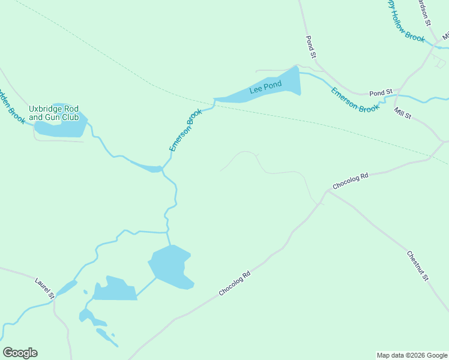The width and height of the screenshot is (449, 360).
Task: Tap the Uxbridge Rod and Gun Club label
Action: [x=54, y=113]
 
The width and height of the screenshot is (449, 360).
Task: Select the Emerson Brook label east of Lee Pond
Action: [x=355, y=100]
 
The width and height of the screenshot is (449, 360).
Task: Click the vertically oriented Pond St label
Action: [x=310, y=47]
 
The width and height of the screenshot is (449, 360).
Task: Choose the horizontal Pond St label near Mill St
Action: [x=381, y=93]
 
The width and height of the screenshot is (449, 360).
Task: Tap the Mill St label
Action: [x=402, y=112]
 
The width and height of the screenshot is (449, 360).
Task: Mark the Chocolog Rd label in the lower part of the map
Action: [x=234, y=284]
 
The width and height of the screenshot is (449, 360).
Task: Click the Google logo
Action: [x=20, y=353]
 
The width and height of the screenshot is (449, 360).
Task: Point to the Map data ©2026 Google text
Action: [x=412, y=355]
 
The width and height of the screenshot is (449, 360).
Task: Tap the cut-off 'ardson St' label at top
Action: [x=424, y=12]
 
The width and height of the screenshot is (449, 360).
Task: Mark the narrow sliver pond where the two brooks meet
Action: [x=147, y=166]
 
